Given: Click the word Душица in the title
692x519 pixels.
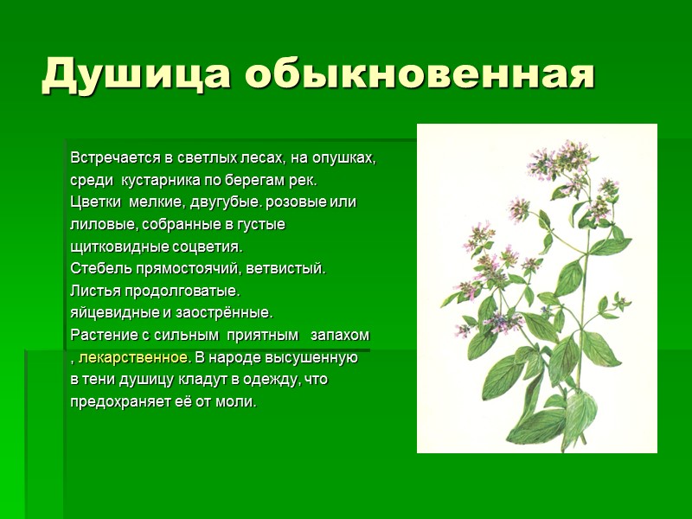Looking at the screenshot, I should pos(133,74).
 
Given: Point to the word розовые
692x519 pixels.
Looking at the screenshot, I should pos(303,203).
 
